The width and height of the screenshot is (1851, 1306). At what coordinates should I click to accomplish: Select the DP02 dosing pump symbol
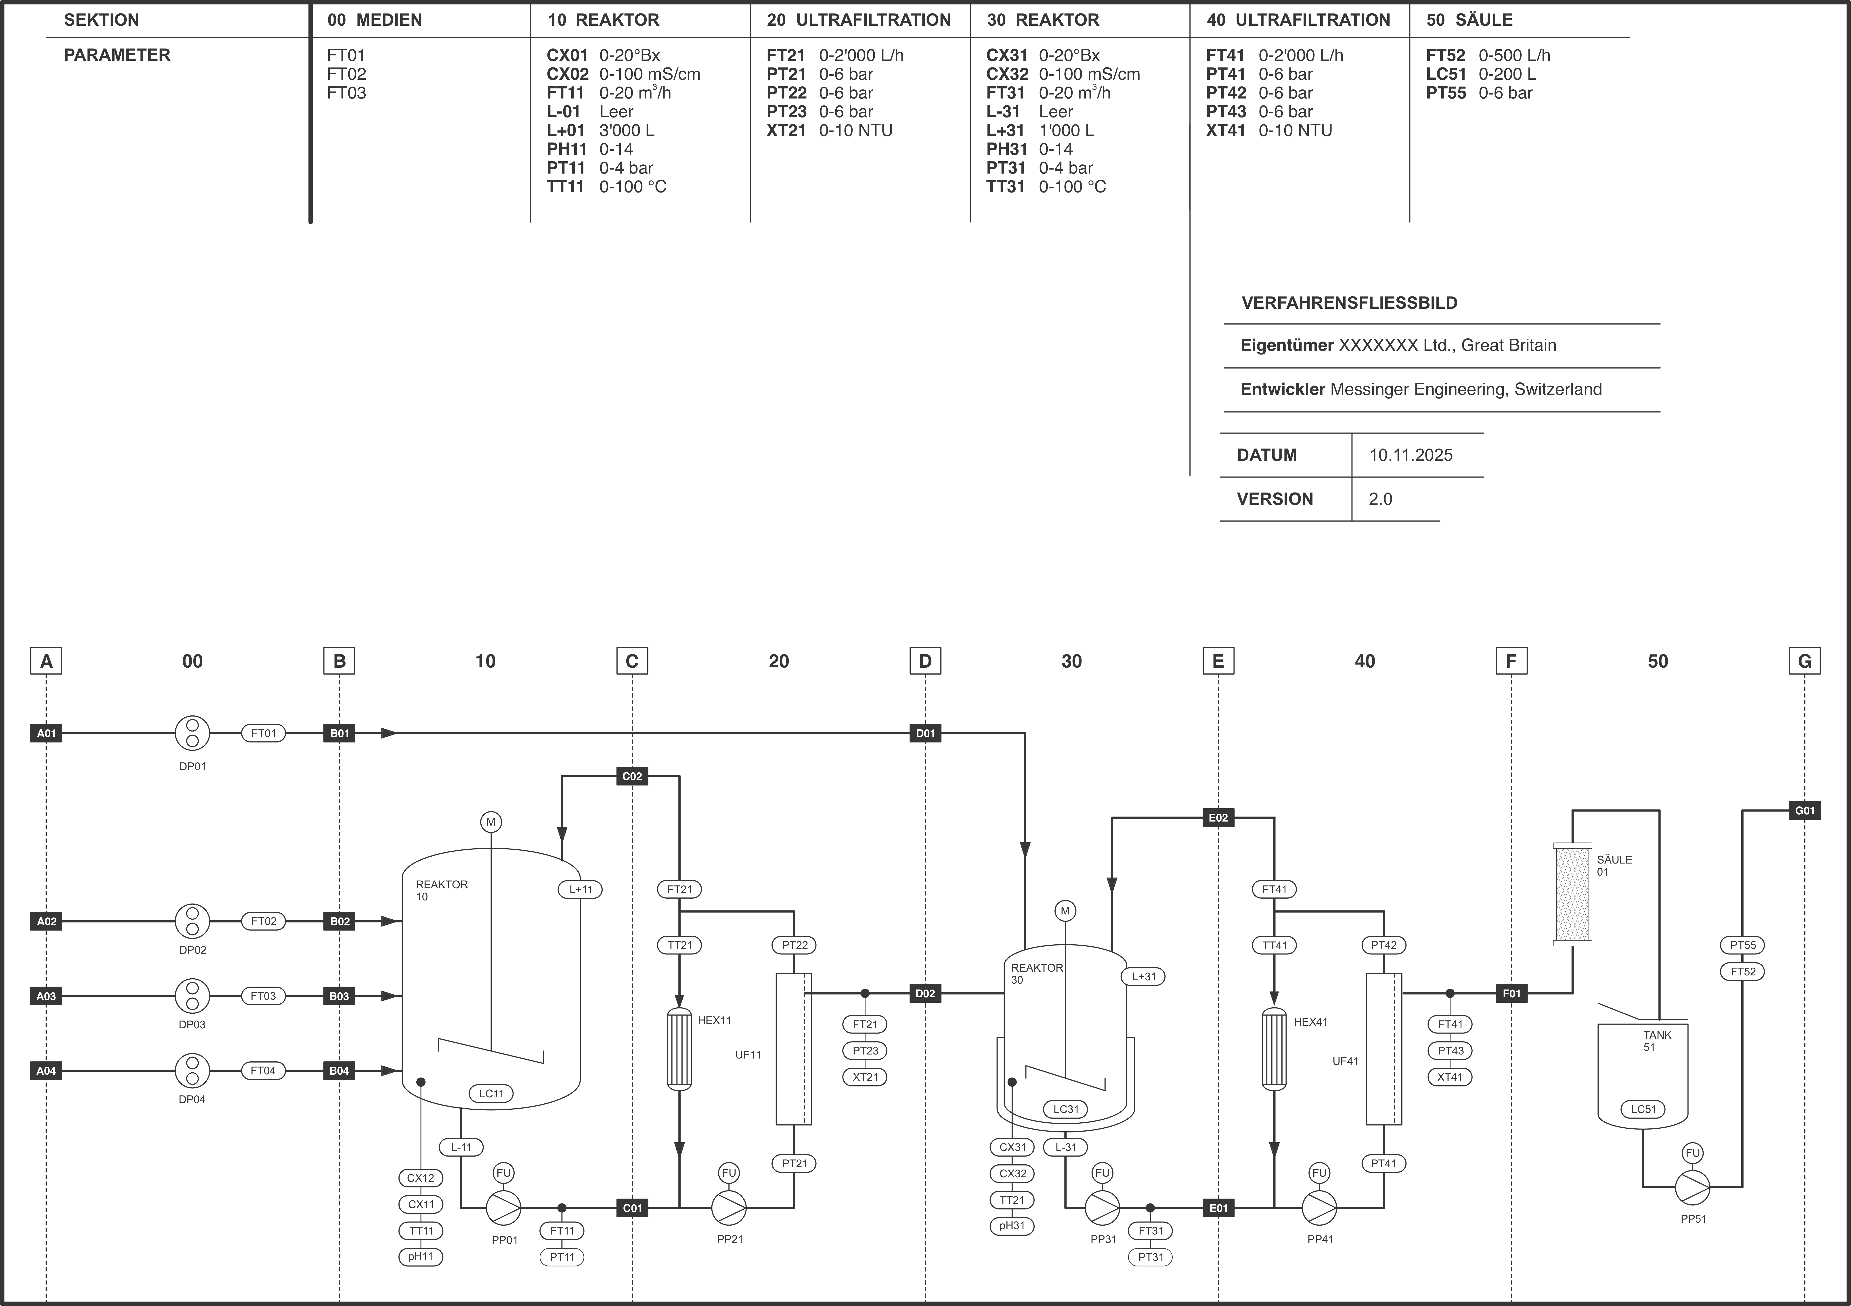193,921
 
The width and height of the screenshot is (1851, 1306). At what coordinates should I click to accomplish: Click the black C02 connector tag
632,776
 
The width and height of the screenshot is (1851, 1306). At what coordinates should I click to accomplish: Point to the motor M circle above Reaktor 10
491,822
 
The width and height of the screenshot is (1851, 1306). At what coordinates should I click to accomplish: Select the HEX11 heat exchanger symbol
680,1049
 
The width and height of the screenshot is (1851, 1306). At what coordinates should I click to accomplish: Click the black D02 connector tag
925,993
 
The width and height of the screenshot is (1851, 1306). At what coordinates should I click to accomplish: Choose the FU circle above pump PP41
1319,1173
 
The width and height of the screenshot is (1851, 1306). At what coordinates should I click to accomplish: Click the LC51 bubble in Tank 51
1643,1109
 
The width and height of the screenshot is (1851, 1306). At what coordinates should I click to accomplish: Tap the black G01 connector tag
1804,810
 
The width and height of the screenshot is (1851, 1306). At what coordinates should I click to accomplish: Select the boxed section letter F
1511,661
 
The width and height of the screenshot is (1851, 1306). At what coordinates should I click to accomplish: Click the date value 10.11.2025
1411,455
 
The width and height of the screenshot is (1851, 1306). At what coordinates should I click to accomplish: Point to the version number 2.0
1380,499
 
